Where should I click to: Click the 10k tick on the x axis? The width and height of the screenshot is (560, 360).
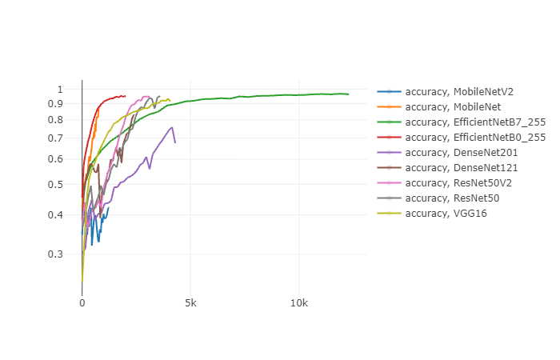point(298,304)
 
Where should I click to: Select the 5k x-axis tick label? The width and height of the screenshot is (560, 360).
point(190,304)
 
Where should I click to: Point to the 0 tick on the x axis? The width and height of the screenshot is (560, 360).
point(82,304)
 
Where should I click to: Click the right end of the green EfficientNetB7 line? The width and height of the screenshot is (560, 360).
point(348,94)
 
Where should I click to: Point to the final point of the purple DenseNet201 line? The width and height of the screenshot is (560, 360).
point(175,142)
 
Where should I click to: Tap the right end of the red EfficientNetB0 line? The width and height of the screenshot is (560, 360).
point(125,96)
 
